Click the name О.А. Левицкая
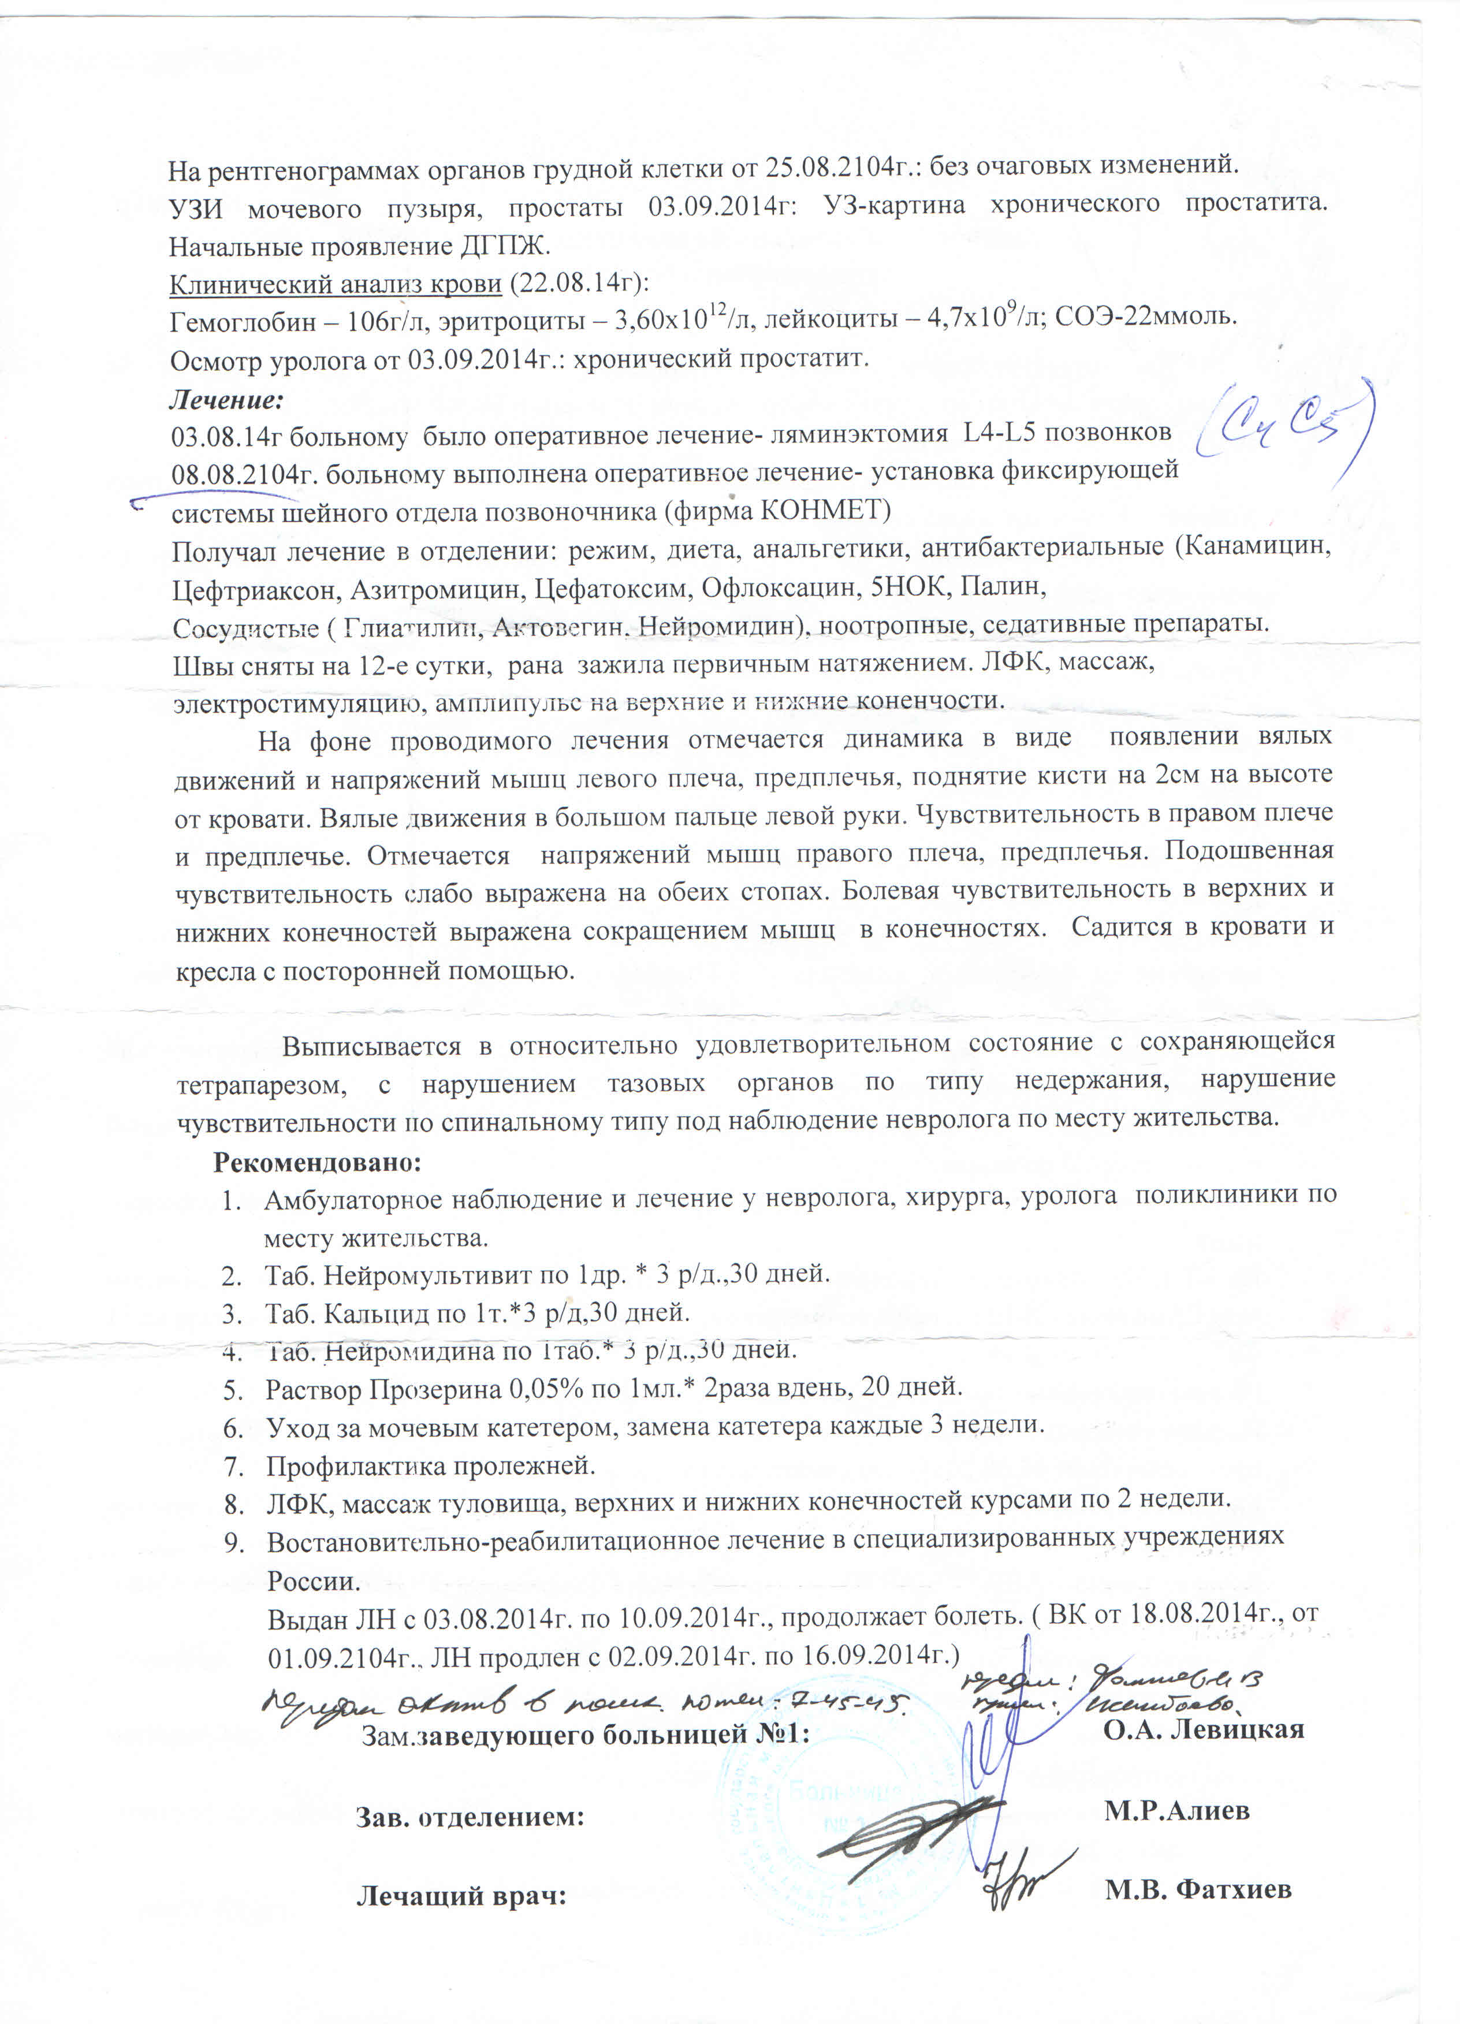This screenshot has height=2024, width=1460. click(x=1203, y=1729)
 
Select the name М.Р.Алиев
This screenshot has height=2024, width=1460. click(x=1176, y=1811)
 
